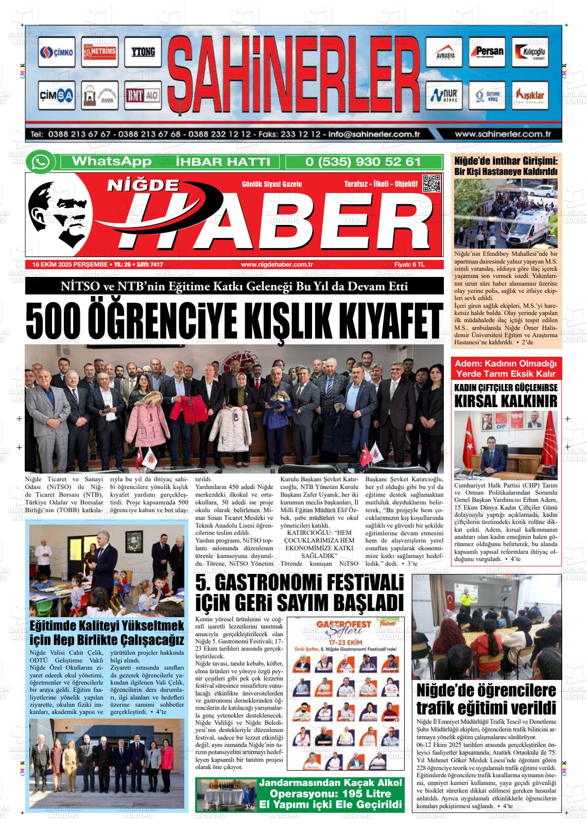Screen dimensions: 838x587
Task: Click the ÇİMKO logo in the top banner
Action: (x=57, y=52)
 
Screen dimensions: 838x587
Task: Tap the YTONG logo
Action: (x=143, y=52)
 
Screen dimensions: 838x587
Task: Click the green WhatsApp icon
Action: (x=41, y=162)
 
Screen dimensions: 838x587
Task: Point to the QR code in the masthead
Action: (x=431, y=184)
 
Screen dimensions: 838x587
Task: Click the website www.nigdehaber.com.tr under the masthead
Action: (x=277, y=264)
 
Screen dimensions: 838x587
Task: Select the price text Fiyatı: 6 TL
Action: (x=409, y=264)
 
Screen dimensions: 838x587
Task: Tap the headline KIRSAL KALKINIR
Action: (x=506, y=400)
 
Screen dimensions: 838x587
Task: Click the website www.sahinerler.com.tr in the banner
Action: (x=503, y=134)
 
